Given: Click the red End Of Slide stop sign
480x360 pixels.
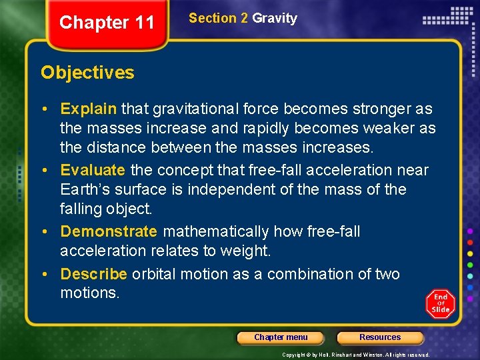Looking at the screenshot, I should (440, 303).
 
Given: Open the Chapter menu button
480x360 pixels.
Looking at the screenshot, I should (281, 337).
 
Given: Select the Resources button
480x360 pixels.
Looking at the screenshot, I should (380, 337).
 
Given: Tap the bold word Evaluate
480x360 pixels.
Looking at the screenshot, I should (93, 170).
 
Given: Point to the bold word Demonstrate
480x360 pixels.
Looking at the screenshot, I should (109, 231).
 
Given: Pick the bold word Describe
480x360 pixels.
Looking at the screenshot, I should (93, 274).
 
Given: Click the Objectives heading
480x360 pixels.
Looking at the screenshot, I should (87, 73).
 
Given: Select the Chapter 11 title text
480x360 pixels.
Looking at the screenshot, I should (107, 23).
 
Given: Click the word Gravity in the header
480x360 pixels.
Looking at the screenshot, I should (275, 19).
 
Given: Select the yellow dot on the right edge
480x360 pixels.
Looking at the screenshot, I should (470, 253).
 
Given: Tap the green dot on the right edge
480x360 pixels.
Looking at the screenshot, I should (470, 265).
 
